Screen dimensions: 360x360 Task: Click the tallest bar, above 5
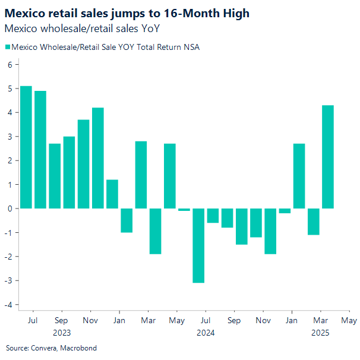click(x=26, y=147)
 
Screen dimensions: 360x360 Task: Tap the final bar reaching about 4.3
click(x=328, y=157)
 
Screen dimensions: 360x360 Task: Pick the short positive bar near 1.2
click(x=112, y=194)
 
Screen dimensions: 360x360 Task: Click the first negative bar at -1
click(x=127, y=220)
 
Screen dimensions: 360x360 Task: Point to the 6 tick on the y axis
click(x=10, y=65)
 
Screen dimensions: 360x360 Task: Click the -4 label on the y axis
click(x=8, y=304)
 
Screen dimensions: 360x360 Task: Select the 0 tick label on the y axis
click(x=10, y=209)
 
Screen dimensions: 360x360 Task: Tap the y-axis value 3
click(x=10, y=137)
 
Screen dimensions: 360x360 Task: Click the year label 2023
click(x=62, y=333)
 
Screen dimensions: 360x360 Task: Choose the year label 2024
click(x=206, y=333)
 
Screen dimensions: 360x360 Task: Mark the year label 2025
click(x=320, y=333)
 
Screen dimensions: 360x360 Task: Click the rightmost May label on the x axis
click(x=349, y=321)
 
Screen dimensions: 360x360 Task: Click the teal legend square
click(x=8, y=48)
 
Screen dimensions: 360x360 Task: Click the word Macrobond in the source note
click(x=79, y=348)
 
